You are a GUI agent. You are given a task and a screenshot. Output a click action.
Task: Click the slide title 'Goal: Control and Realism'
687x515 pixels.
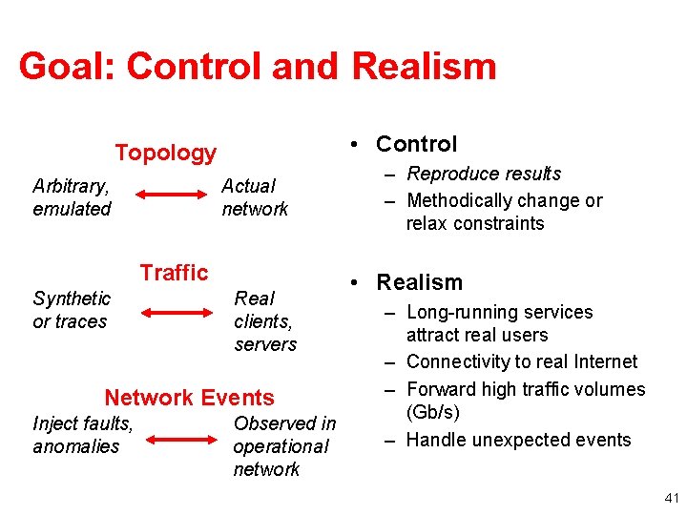pos(257,67)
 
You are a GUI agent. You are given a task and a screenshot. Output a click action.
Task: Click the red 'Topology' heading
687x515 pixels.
pos(166,153)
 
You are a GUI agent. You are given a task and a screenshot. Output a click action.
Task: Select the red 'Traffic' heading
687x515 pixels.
pos(174,273)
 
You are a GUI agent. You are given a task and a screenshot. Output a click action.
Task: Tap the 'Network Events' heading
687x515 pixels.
pos(189,398)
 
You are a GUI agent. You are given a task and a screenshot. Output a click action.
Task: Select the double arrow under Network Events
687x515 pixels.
pos(181,440)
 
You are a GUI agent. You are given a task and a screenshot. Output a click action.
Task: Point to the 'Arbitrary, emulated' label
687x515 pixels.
pos(72,197)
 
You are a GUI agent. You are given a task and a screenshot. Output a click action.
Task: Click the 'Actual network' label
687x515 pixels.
pos(254,197)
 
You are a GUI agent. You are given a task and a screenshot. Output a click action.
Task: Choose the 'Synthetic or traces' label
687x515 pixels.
pos(72,310)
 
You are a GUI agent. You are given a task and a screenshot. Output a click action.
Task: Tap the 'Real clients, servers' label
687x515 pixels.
pos(265,321)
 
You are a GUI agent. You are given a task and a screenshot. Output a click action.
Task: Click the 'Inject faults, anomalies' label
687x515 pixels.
pos(82,435)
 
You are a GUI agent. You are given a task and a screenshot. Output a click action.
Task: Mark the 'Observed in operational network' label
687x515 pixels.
pos(283,446)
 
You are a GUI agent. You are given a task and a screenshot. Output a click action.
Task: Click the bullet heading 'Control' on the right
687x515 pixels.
pos(416,144)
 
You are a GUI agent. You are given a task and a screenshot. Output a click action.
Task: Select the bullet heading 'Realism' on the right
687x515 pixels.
pos(419,282)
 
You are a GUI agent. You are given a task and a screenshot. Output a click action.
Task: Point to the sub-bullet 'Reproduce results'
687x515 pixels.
pos(484,174)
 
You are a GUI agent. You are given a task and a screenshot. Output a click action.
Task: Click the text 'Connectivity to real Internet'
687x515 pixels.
pos(521,361)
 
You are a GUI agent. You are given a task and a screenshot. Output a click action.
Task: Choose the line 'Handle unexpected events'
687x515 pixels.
pos(518,440)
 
